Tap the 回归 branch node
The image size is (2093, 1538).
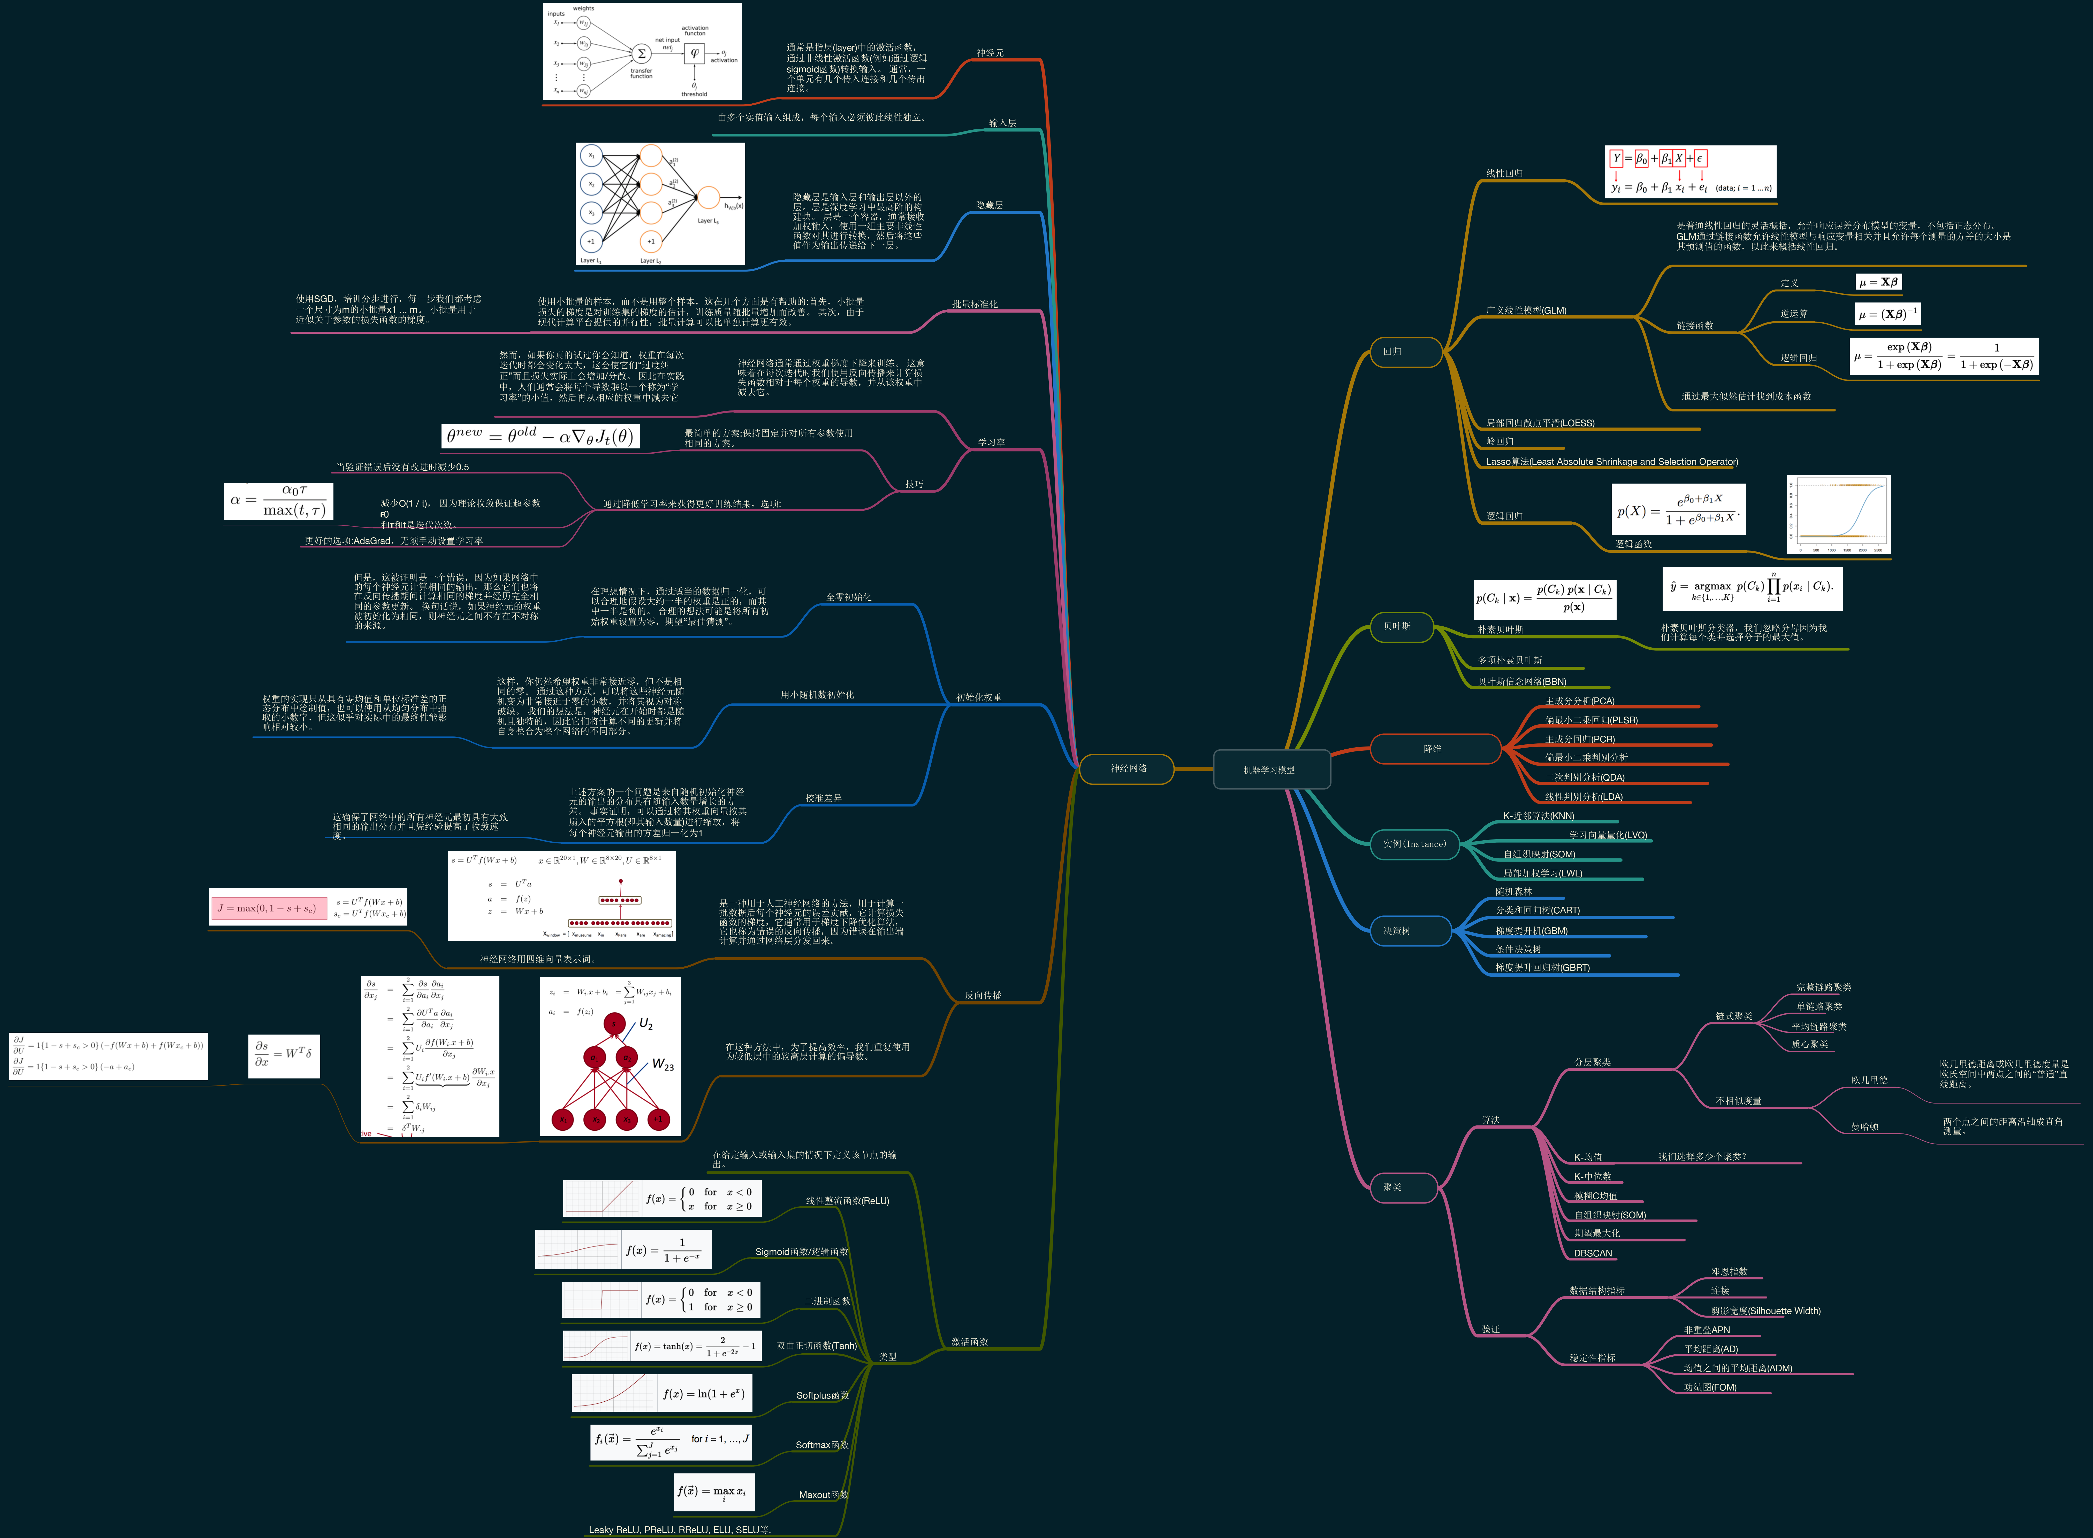pos(1405,352)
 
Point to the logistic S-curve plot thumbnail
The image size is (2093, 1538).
pos(1838,515)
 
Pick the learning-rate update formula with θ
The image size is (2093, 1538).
pos(540,436)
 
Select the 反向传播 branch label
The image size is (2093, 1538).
pos(983,995)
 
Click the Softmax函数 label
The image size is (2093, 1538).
pos(821,1445)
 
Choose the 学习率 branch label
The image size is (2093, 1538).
pos(991,442)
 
